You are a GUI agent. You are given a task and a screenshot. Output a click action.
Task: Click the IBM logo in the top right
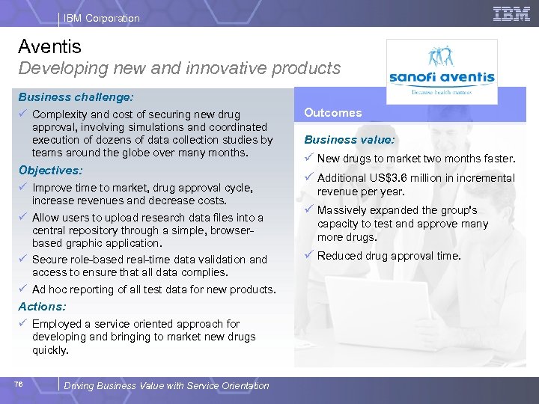coord(511,13)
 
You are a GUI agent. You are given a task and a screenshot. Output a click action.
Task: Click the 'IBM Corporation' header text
coord(101,18)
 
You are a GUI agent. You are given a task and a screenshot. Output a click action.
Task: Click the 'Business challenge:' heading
coord(76,97)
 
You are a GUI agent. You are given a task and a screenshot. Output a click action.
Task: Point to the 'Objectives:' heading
coord(50,171)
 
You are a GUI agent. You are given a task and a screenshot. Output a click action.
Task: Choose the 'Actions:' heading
coord(42,307)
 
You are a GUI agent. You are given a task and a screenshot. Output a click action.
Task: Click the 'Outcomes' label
coord(332,113)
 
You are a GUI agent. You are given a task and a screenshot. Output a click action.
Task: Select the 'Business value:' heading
coord(349,140)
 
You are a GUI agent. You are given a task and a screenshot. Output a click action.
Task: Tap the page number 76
coord(18,384)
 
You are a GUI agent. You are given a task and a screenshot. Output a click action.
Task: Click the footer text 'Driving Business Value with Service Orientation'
coord(166,386)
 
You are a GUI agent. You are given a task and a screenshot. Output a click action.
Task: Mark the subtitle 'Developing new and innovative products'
coord(179,69)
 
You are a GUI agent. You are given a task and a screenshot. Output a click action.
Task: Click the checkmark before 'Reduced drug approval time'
coord(308,256)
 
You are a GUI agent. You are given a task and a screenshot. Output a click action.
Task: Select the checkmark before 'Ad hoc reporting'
coord(23,290)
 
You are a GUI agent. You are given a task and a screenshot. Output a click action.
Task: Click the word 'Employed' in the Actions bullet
coord(56,324)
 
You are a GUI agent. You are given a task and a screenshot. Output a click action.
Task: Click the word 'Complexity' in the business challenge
coord(61,114)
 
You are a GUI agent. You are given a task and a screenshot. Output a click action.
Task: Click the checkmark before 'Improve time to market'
coord(23,188)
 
